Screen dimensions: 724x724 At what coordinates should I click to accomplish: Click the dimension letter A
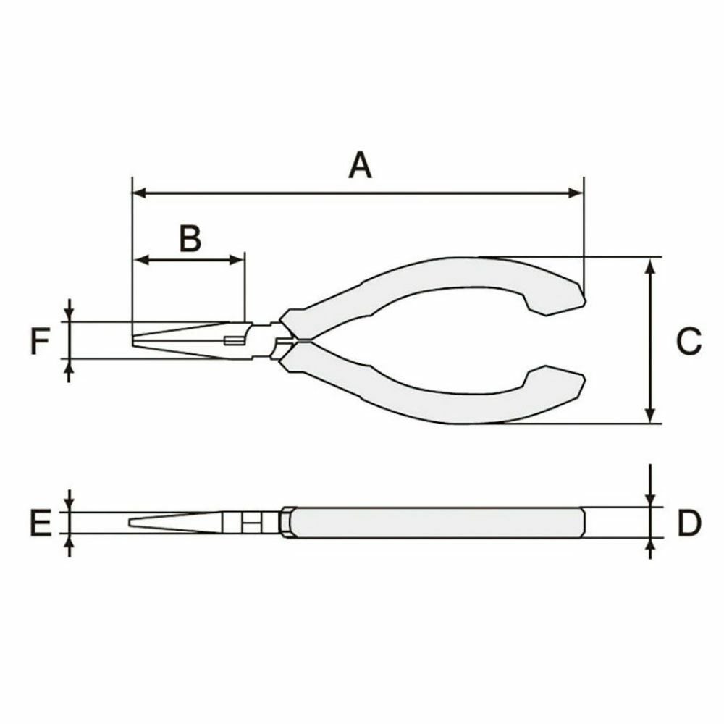coord(360,165)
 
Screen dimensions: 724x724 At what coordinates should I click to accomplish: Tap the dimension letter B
coord(190,238)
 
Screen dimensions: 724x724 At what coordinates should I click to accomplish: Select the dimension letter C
coord(689,342)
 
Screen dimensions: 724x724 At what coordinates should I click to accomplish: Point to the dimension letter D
coord(689,523)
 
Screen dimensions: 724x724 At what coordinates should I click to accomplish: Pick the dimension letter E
coord(41,523)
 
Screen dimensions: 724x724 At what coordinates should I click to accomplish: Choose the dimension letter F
coord(40,341)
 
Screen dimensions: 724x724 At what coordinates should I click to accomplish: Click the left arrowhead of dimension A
coord(140,193)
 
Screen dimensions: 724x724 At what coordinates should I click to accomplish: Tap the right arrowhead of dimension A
coord(576,193)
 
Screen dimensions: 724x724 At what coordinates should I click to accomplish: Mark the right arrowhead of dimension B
coord(237,260)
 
